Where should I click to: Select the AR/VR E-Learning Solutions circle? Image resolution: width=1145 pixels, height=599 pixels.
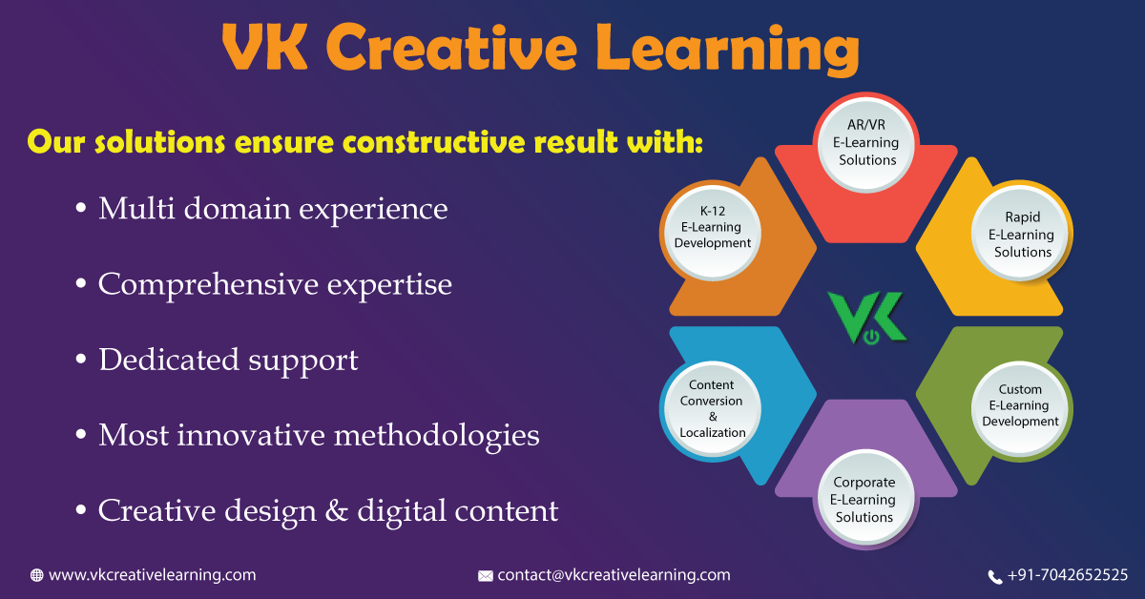pos(867,143)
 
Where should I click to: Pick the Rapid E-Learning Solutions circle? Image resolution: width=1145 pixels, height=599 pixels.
pos(1022,235)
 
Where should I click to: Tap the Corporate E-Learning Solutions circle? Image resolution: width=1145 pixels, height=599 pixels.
pos(864,500)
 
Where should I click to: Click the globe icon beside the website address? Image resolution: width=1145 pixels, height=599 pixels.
pos(37,575)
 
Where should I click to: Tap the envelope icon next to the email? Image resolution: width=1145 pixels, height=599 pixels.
pos(486,576)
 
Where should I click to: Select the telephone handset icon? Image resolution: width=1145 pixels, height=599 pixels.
pos(995,576)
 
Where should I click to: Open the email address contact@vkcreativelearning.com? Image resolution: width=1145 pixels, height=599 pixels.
pos(614,575)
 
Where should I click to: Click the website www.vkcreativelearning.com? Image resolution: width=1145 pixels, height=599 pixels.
pos(152,575)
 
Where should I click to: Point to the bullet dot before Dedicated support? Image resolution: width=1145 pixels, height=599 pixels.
pos(82,361)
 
